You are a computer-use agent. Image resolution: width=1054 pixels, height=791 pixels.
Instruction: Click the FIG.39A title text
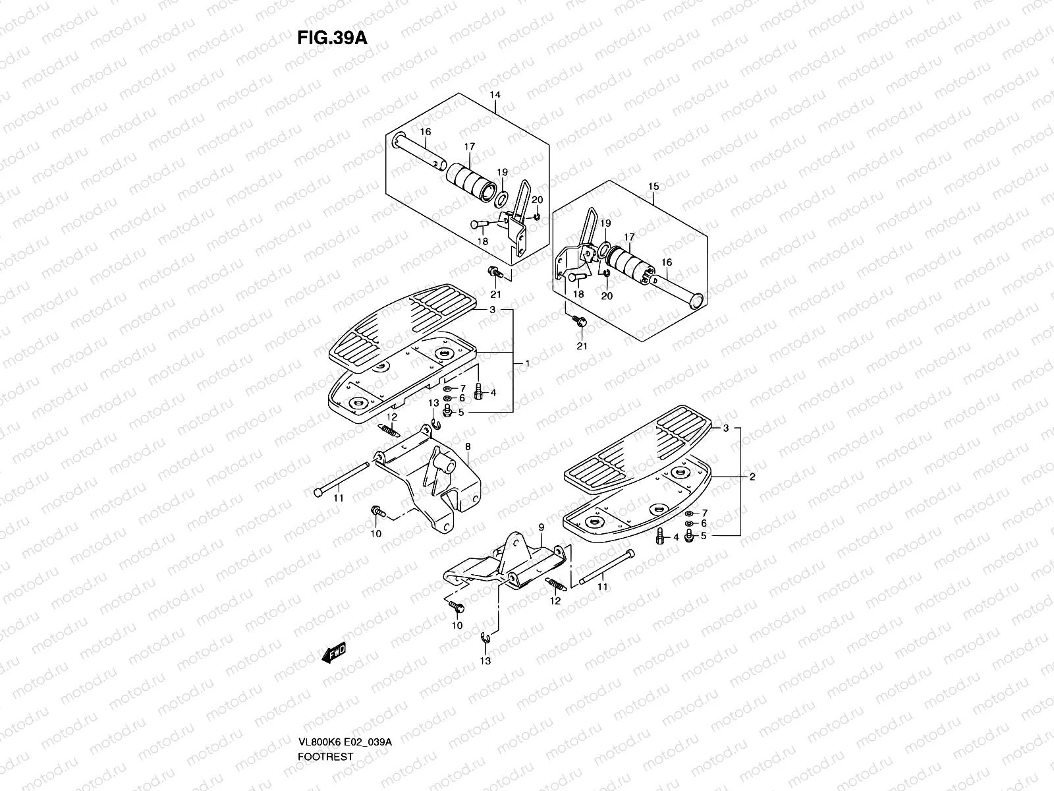(331, 37)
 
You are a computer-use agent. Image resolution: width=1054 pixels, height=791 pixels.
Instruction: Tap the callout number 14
(495, 95)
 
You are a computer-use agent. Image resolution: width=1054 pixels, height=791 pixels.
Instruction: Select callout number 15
(653, 187)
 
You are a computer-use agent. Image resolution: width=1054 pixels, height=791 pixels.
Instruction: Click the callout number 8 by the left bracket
(467, 446)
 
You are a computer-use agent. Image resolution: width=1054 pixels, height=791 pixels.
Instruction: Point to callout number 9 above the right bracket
(541, 527)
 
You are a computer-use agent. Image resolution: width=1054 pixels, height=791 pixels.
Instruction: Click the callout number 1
(527, 363)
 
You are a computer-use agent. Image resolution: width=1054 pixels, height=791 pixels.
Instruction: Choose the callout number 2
(752, 477)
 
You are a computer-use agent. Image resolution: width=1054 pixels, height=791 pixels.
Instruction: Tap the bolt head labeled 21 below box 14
(493, 272)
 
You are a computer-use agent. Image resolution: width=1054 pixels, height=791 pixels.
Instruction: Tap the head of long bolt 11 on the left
(319, 491)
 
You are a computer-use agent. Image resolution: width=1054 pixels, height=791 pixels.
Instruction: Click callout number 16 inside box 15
(667, 262)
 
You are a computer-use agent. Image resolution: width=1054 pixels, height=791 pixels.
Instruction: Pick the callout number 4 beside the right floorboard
(675, 537)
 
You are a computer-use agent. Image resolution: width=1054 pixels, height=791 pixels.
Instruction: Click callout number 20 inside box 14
(537, 200)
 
